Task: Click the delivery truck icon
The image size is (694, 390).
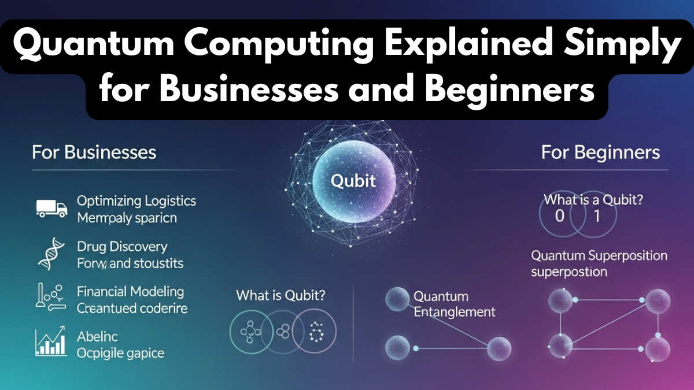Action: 51,208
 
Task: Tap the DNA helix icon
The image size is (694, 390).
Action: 49,255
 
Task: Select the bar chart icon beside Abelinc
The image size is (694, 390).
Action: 51,341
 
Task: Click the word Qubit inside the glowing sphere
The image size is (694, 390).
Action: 353,181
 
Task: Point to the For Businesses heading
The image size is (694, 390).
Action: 94,153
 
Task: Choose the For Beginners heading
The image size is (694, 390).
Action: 600,153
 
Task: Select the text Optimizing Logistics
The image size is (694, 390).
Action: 136,201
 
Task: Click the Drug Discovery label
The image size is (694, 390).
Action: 122,247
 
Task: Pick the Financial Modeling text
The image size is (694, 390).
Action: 130,291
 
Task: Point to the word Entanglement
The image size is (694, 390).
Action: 454,312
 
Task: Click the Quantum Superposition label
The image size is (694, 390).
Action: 599,255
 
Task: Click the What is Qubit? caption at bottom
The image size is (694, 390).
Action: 280,295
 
